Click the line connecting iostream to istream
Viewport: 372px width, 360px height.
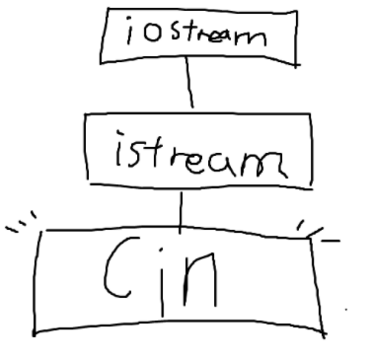(x=186, y=88)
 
